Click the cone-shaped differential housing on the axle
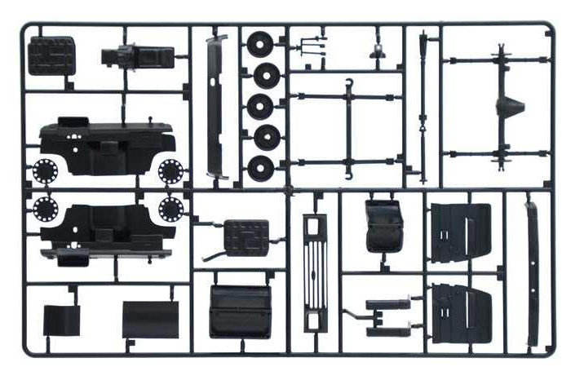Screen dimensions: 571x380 click(512, 106)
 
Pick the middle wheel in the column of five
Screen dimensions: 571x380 click(263, 106)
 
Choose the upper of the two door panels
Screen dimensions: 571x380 click(460, 232)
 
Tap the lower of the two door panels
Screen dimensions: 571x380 click(460, 313)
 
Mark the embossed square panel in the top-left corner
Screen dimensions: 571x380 click(51, 55)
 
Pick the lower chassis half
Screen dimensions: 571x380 click(106, 228)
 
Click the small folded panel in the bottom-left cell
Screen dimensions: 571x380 click(62, 320)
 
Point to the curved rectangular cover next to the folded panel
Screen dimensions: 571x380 click(150, 319)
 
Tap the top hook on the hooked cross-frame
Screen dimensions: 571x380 click(348, 82)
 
